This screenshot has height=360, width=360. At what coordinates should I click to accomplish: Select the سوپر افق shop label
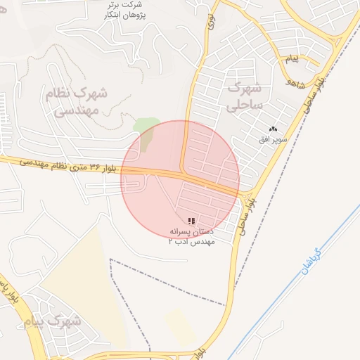click(273, 140)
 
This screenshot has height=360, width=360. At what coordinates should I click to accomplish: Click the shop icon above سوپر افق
click(273, 129)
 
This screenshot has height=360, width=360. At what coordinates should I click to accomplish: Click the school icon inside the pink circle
click(192, 221)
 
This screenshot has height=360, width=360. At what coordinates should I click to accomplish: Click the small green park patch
click(146, 131)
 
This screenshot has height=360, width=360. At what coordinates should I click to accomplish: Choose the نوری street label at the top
click(210, 21)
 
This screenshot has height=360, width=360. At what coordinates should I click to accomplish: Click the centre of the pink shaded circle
click(181, 179)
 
